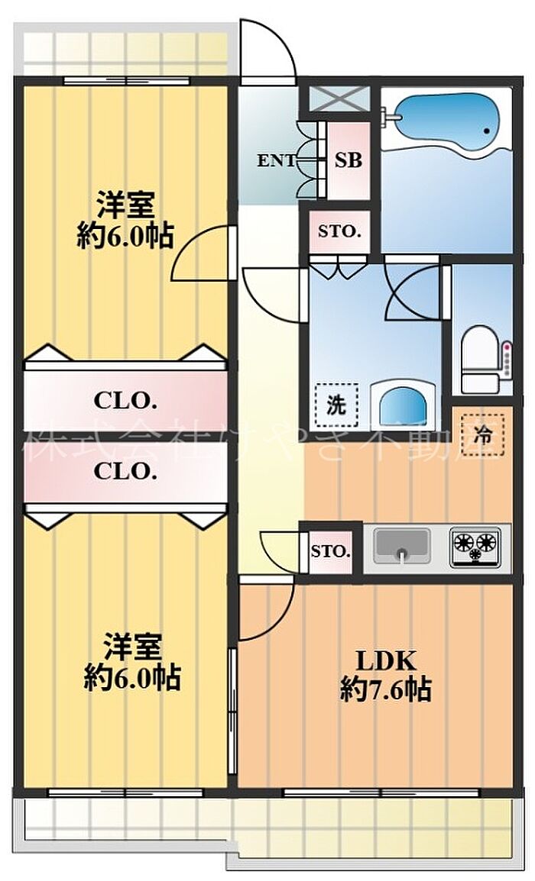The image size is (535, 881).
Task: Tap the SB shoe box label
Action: pyautogui.click(x=349, y=161)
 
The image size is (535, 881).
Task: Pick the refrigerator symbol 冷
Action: pyautogui.click(x=483, y=434)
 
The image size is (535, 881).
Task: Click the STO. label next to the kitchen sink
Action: pyautogui.click(x=331, y=550)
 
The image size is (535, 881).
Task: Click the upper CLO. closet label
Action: pyautogui.click(x=126, y=399)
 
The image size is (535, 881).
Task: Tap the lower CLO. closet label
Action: pyautogui.click(x=125, y=471)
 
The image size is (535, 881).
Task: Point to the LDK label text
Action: pyautogui.click(x=385, y=659)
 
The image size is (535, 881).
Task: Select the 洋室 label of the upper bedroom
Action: pyautogui.click(x=126, y=205)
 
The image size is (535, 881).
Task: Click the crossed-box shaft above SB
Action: pyautogui.click(x=339, y=98)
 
